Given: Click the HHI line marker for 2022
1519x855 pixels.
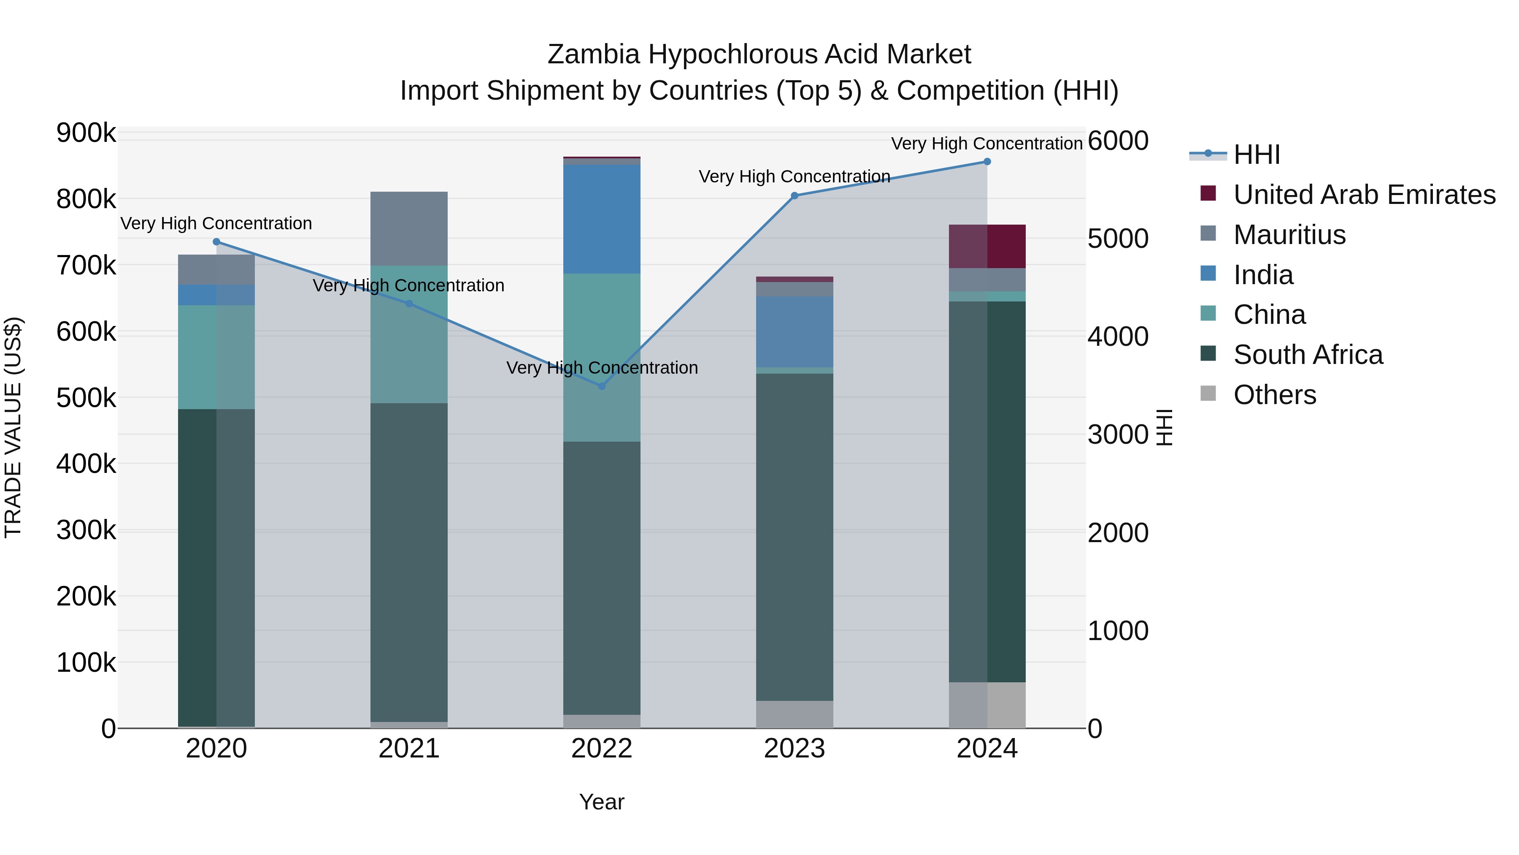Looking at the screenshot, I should pos(601,386).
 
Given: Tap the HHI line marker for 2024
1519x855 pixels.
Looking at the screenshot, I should pos(987,162).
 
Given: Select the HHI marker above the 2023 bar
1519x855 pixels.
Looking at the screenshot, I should pos(794,196).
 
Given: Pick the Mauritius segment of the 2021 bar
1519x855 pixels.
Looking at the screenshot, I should pos(408,228).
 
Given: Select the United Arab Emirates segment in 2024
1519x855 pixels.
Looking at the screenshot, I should pos(987,246).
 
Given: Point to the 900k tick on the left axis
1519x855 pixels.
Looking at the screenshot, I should pos(86,133).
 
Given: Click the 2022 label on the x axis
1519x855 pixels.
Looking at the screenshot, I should pos(601,749).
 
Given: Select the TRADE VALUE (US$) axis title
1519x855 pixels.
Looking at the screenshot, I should pos(13,427).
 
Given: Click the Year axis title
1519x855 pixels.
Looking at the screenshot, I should pos(601,802).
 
